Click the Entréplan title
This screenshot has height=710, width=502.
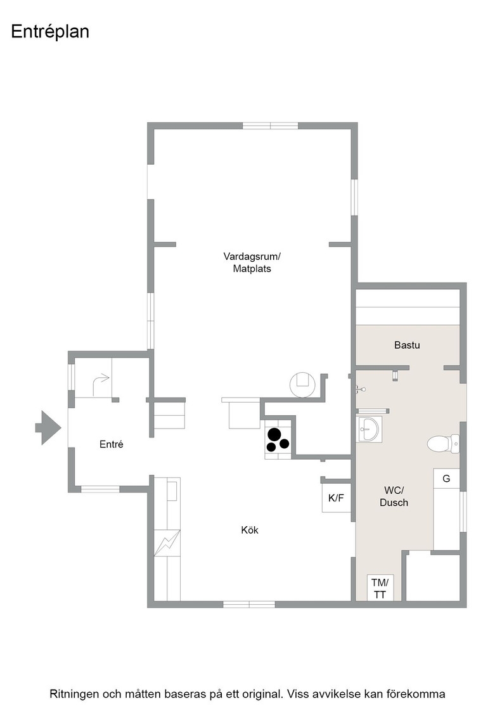(50, 32)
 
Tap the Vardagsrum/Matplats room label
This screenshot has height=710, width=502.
(252, 262)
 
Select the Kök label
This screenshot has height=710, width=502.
(250, 530)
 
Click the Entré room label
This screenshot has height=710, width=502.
(112, 444)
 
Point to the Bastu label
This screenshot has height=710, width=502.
(407, 345)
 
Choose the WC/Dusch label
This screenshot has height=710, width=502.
(394, 496)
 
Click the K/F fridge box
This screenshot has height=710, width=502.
(337, 498)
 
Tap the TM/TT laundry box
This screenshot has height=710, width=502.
(380, 588)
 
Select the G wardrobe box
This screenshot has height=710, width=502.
(446, 479)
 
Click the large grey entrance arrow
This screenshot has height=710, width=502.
(48, 427)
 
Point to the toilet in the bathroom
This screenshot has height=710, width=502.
(444, 444)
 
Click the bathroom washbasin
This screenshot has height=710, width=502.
(369, 429)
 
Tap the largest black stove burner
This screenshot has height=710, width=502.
(274, 435)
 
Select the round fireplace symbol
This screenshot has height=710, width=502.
(302, 384)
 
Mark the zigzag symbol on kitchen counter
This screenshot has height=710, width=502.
(167, 543)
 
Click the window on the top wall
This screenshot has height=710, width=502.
(270, 126)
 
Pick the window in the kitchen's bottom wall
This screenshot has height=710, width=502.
(249, 604)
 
